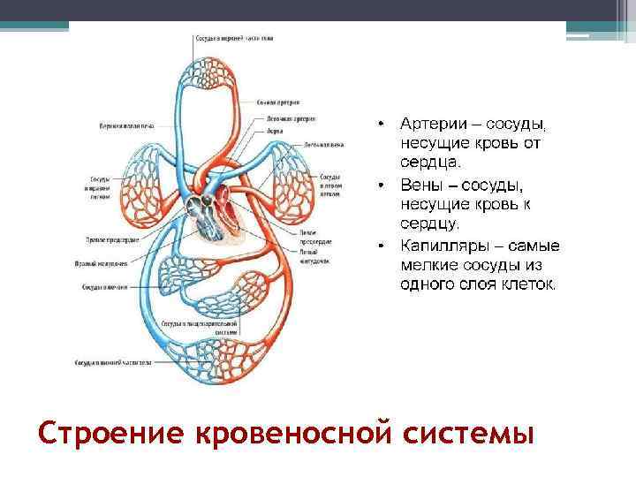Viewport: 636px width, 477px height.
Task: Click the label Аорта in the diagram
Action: tap(276, 130)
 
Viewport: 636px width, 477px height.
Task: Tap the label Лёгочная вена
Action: tap(323, 143)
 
